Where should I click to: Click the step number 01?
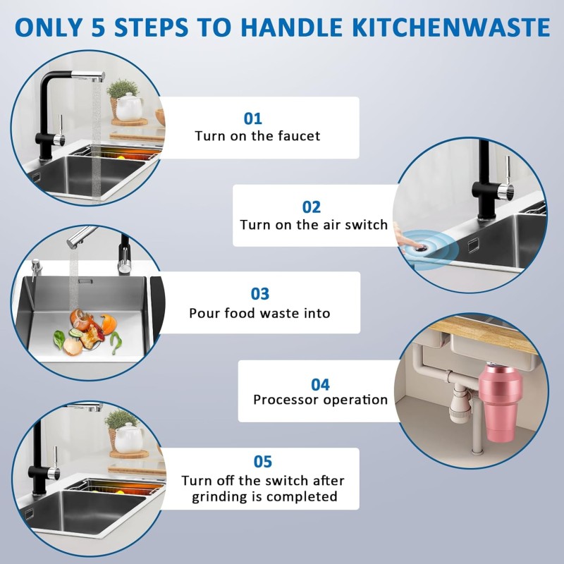pyautogui.click(x=252, y=118)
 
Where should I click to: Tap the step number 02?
pyautogui.click(x=311, y=207)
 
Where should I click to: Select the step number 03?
pyautogui.click(x=259, y=294)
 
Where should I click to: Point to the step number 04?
pyautogui.click(x=320, y=385)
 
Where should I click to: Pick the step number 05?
pyautogui.click(x=262, y=462)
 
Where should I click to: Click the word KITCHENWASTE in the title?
pyautogui.click(x=451, y=27)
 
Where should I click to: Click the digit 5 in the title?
pyautogui.click(x=98, y=27)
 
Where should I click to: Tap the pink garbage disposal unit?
pyautogui.click(x=501, y=402)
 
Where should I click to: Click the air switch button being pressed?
pyautogui.click(x=419, y=246)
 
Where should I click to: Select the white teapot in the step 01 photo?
pyautogui.click(x=128, y=107)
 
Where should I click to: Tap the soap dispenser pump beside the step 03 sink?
pyautogui.click(x=35, y=269)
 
